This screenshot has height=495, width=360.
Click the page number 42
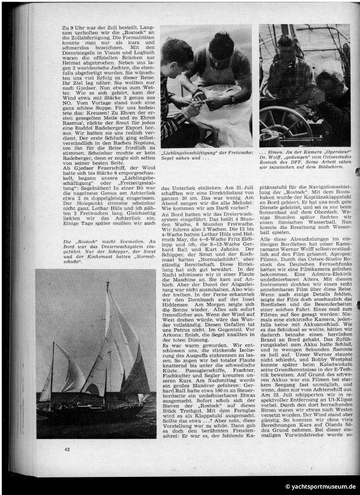(67, 449)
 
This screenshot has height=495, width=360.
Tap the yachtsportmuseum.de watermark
(321, 487)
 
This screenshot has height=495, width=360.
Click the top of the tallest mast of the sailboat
(108, 282)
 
